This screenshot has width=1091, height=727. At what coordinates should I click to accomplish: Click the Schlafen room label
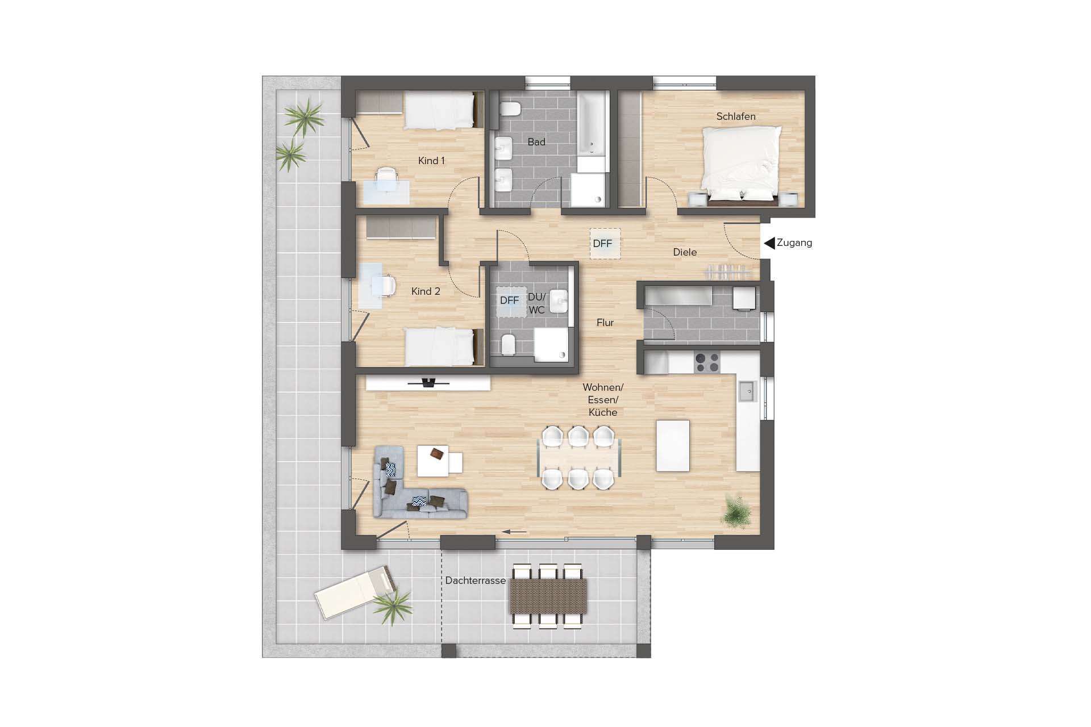(735, 116)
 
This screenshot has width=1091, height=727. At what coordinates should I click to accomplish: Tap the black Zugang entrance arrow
(769, 243)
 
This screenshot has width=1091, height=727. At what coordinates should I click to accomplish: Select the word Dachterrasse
(475, 580)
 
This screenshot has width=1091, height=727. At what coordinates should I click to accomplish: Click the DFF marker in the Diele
(603, 244)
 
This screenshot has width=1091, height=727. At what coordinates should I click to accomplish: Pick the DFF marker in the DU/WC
(510, 300)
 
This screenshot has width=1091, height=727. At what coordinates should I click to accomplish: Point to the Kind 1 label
(431, 161)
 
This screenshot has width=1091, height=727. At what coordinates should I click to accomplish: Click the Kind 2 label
(426, 291)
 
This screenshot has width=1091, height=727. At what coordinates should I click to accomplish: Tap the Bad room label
(536, 142)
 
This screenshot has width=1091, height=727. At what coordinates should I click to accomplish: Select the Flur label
(605, 323)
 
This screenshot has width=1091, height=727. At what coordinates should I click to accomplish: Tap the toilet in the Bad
(510, 108)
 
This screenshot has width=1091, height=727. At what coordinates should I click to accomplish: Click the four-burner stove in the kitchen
(707, 362)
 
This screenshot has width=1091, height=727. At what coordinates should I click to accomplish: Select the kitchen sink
(747, 391)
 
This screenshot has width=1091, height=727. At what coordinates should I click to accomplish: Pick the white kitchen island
(673, 446)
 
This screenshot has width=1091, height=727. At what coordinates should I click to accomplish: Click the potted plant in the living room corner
(736, 513)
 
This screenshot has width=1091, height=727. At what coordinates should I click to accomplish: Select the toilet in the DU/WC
(508, 344)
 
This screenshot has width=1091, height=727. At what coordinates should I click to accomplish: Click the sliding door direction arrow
(514, 532)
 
